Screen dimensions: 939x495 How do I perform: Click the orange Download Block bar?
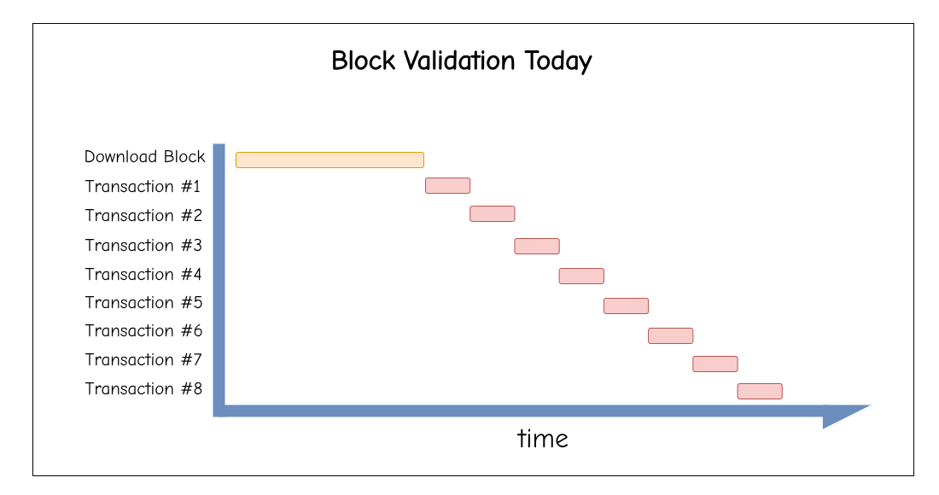pos(330,160)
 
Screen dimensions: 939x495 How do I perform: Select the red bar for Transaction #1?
pos(448,185)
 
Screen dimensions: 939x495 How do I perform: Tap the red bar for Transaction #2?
pos(493,213)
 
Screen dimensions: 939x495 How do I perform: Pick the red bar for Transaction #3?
pos(537,246)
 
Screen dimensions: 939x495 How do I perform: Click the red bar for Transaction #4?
pos(581,276)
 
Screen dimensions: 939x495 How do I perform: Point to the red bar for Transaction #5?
pos(627,306)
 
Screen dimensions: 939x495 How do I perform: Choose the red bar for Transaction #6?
pos(671,335)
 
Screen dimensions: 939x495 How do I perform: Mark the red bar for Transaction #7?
pos(715,364)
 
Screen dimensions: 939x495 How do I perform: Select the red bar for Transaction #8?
pos(760,392)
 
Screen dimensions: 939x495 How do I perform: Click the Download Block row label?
pos(145,157)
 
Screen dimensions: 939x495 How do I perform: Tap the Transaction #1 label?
pos(143,187)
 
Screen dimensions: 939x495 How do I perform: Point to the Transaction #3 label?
pos(143,246)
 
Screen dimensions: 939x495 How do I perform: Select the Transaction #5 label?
pos(143,303)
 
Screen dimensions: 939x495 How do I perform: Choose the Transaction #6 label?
pos(143,331)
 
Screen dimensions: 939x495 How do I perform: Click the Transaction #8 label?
pos(143,389)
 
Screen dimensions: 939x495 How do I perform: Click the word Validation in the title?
pos(459,61)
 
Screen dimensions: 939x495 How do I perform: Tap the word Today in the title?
pos(558,62)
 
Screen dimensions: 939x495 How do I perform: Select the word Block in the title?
pos(364,61)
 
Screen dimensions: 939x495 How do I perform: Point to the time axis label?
pos(543,439)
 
